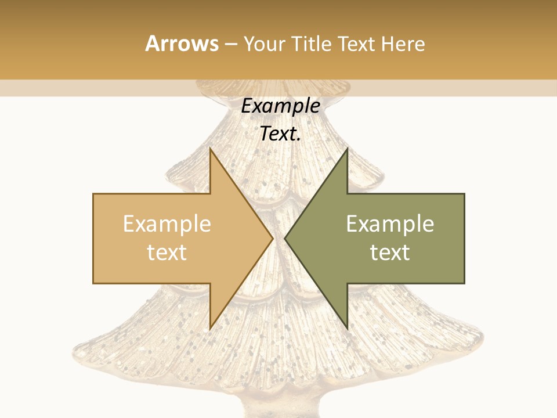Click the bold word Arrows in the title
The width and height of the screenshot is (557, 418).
pos(182,44)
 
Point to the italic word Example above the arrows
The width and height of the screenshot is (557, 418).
pos(280,106)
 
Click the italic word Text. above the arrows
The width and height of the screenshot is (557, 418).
pos(280,134)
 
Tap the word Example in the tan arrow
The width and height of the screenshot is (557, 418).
pos(167,224)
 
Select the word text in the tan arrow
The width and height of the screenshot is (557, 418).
pos(167,252)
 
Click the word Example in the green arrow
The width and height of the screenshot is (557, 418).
pos(390,224)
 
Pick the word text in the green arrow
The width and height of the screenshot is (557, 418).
pos(390,252)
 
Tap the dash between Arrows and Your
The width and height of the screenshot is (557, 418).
pos(229,44)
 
